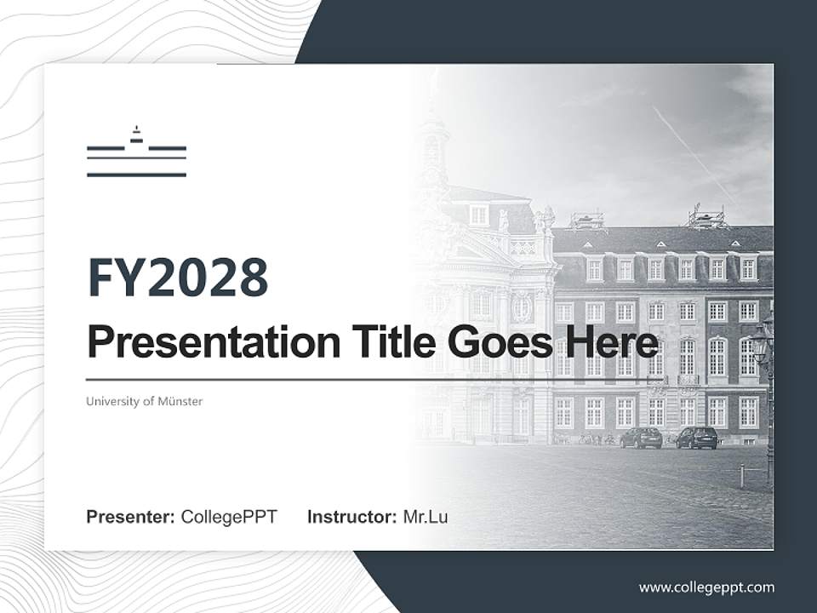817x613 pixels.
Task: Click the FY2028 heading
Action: point(178,277)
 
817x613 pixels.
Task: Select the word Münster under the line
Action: point(180,401)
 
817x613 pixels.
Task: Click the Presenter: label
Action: point(131,517)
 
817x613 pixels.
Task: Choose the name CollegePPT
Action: point(229,517)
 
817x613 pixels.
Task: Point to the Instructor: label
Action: point(351,517)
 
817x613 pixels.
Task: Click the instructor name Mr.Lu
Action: point(426,517)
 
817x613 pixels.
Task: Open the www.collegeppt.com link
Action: point(706,587)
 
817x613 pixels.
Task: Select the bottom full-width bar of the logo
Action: point(136,175)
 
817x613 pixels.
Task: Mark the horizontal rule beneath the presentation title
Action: point(340,379)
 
